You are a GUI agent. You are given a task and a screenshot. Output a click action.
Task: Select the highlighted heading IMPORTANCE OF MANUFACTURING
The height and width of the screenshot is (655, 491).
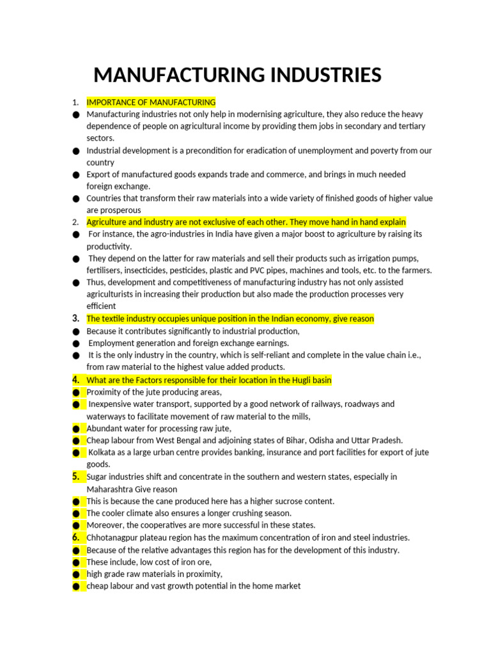(151, 102)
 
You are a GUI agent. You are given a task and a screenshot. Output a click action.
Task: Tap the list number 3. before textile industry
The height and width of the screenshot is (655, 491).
(75, 319)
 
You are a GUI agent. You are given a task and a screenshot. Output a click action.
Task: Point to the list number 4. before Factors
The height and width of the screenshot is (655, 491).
(75, 380)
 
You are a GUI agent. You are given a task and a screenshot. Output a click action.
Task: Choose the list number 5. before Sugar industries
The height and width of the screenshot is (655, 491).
(75, 477)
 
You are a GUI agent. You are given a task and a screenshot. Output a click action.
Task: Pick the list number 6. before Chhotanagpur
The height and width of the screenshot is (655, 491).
(75, 537)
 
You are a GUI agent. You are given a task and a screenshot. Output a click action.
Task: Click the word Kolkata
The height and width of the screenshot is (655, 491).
(104, 452)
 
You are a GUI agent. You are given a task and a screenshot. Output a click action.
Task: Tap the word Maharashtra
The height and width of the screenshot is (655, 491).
(111, 489)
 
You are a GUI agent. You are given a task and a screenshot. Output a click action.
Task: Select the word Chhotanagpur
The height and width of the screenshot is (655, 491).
(113, 538)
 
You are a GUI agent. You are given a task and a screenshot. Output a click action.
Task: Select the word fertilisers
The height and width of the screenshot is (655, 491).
(105, 271)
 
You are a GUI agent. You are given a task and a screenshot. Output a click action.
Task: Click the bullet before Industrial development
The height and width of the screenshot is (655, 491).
(76, 151)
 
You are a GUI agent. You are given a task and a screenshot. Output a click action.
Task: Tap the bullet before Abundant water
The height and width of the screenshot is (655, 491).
(76, 429)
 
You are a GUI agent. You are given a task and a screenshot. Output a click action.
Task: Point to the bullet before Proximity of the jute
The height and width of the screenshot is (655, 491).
(76, 392)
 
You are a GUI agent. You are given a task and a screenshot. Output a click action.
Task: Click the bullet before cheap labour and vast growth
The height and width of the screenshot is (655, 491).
(76, 586)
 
